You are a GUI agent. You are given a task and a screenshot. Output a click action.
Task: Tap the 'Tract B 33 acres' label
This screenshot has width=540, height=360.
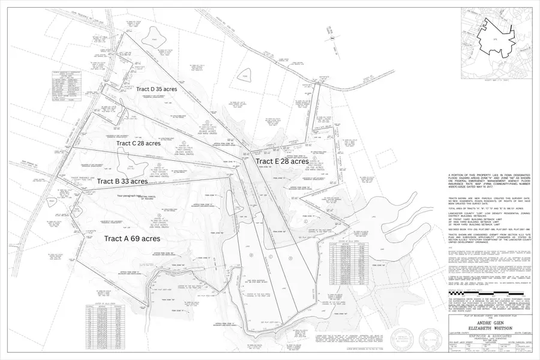[122, 181]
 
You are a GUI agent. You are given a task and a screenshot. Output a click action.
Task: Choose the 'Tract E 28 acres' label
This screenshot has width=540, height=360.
[282, 161]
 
